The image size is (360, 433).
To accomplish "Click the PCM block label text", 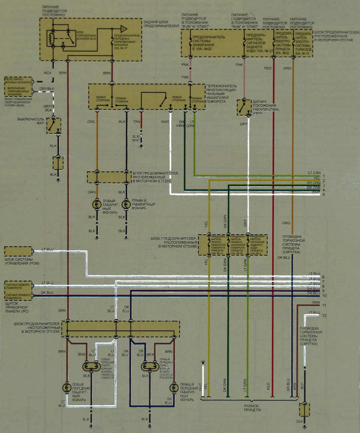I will pyautogui.click(x=22, y=261).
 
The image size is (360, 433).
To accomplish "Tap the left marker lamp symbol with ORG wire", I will pyautogui.click(x=97, y=205).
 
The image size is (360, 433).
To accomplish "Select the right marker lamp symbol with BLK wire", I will pyautogui.click(x=126, y=205).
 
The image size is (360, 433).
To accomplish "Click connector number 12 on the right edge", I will pyautogui.click(x=324, y=315).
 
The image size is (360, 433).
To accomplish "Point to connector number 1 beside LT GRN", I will pyautogui.click(x=324, y=176).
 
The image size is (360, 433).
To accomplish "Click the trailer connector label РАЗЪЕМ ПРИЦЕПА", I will pyautogui.click(x=252, y=408).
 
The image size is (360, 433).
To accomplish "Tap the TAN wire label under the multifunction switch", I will pyautogui.click(x=136, y=122).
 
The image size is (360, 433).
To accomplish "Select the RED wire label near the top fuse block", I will pyautogui.click(x=268, y=68).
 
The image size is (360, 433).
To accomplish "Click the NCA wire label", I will pyautogui.click(x=48, y=73).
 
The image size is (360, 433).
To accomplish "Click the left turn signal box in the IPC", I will pyautogui.click(x=18, y=286).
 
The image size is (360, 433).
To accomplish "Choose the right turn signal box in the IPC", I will pyautogui.click(x=18, y=296).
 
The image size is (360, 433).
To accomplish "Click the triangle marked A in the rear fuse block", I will pyautogui.click(x=123, y=29).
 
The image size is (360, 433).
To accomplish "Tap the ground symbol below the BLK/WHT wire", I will pyautogui.click(x=142, y=147).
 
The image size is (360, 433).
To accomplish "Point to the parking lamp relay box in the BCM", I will pyautogui.click(x=18, y=80).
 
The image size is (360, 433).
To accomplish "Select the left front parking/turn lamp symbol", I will pyautogui.click(x=91, y=366).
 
